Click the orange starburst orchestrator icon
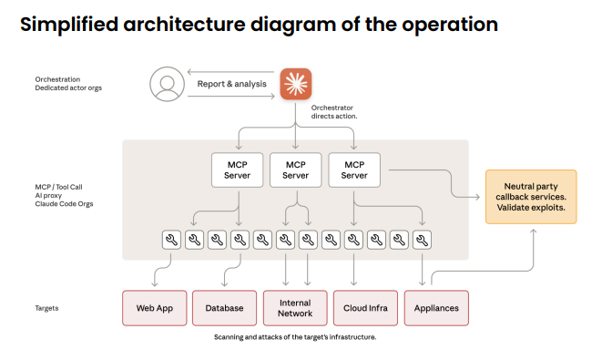296,84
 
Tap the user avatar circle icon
167,84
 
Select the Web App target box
155,308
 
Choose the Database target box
225,308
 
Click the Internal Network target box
295,308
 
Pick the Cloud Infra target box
365,308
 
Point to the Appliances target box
436,308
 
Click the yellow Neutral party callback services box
531,197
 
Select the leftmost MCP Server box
238,170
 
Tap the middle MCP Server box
296,170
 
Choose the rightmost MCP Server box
354,170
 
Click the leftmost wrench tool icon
171,240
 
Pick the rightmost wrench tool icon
422,240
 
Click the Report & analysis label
232,84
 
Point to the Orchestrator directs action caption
334,112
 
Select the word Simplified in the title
69,25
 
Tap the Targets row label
46,308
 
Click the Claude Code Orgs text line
64,204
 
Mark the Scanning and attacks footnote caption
295,337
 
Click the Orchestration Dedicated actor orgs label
68,84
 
